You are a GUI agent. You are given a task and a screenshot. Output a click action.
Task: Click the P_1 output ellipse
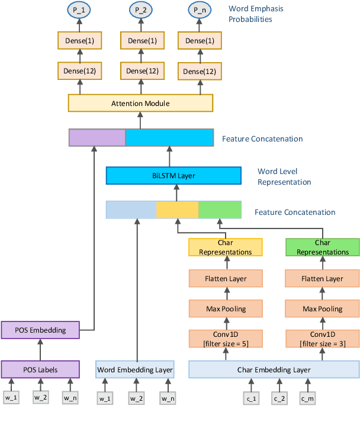pos(79,11)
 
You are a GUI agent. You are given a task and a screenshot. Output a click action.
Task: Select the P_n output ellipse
pos(200,11)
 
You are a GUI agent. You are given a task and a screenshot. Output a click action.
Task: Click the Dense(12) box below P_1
pos(79,71)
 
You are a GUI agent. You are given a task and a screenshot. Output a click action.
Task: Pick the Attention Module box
pos(140,104)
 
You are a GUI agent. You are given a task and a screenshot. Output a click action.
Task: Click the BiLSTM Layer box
pos(173,176)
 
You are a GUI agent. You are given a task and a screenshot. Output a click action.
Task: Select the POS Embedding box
pos(40,330)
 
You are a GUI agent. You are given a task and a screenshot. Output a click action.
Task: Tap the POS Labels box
pos(40,370)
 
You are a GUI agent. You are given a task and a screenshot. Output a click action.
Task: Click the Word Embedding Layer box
pos(135,370)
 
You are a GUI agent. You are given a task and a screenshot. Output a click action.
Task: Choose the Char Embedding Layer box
pos(274,370)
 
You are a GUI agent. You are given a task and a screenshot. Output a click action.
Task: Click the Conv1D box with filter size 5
pos(225,339)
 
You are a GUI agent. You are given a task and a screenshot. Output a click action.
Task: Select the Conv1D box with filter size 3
pos(322,339)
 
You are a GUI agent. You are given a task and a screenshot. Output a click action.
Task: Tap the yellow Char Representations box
pos(225,247)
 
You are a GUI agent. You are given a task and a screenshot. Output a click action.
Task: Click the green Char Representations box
pos(322,247)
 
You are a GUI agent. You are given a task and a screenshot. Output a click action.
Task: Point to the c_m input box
pos(308,399)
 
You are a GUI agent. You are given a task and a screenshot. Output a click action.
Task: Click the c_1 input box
pos(251,399)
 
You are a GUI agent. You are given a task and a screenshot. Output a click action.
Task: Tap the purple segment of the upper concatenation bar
pos(97,138)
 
